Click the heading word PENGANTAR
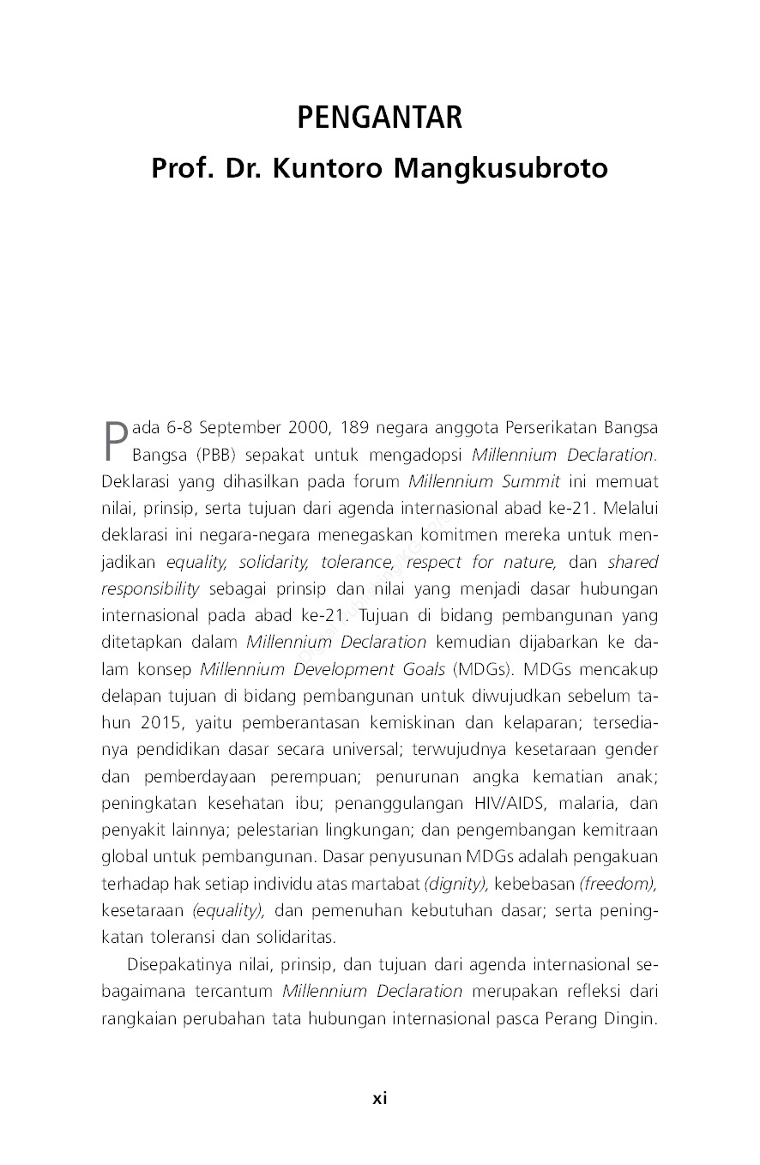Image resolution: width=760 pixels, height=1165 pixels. click(x=379, y=118)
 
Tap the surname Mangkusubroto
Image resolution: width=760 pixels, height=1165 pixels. click(x=500, y=169)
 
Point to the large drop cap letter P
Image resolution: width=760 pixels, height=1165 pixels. click(x=115, y=440)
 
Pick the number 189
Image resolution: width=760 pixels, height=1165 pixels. click(x=355, y=428)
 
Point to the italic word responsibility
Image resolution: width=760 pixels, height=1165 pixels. click(x=149, y=589)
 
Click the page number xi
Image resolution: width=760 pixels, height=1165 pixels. click(x=379, y=1098)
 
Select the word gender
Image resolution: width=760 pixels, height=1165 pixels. click(x=631, y=750)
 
